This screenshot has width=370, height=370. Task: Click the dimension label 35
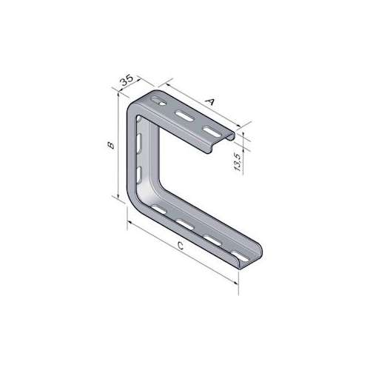(127, 80)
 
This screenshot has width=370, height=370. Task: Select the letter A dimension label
(210, 101)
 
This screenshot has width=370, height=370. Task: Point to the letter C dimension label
(181, 246)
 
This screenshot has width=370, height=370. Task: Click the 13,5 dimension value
(237, 162)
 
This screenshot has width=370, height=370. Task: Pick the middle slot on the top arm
(184, 116)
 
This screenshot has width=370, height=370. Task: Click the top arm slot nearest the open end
(211, 131)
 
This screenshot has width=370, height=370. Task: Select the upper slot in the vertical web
(140, 144)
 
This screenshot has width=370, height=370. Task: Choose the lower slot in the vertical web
(140, 175)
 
